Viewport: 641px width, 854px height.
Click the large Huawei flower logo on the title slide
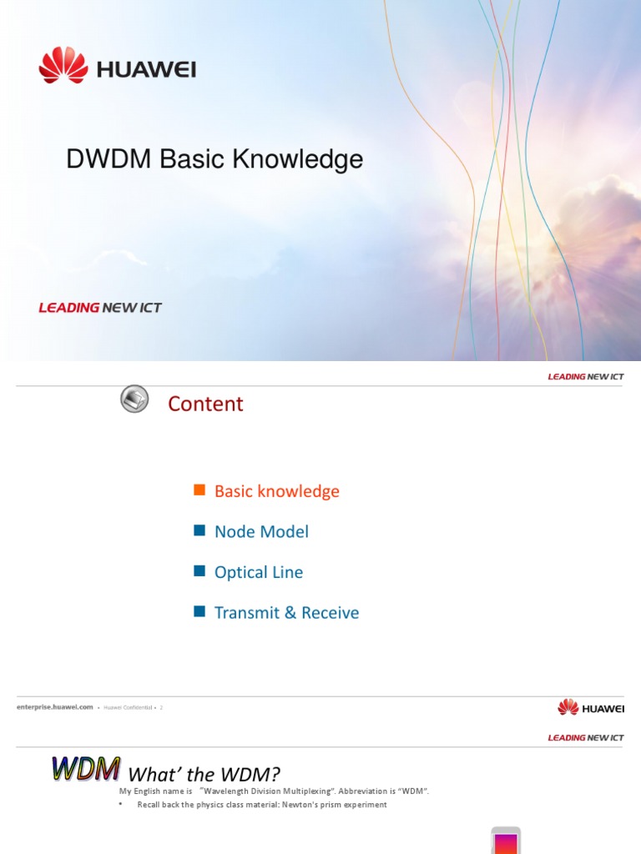click(x=63, y=65)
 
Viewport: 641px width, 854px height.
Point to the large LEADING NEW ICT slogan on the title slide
click(x=100, y=308)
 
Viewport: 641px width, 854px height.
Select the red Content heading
click(x=205, y=404)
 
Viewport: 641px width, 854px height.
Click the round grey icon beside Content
click(x=134, y=399)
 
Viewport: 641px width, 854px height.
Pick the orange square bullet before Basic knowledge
click(x=199, y=490)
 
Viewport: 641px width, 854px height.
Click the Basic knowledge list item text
click(x=277, y=491)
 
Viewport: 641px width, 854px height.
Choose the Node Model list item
click(x=261, y=531)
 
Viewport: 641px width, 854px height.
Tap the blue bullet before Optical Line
click(x=199, y=571)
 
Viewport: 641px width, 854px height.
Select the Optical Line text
click(x=259, y=572)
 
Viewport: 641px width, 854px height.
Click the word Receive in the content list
click(x=331, y=613)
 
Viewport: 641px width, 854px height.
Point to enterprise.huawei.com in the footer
click(x=54, y=707)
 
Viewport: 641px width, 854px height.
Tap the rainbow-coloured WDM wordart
click(x=86, y=768)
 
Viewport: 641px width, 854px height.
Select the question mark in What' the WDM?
click(x=275, y=775)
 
